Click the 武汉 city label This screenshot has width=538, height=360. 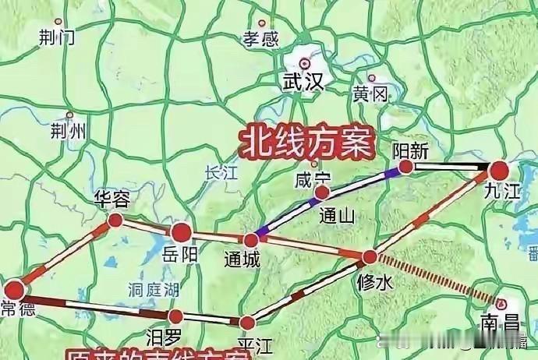[303, 82]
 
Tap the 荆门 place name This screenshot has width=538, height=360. [59, 37]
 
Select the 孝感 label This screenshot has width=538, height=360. [260, 39]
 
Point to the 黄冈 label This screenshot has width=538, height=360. [370, 95]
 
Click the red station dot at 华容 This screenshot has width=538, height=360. [115, 221]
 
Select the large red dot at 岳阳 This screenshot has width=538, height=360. [181, 231]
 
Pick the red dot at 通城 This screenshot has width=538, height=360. [251, 240]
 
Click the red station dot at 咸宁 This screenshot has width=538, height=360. [322, 192]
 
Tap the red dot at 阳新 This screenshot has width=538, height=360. [405, 167]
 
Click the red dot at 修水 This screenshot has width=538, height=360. [370, 257]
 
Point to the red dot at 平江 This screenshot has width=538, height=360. [247, 322]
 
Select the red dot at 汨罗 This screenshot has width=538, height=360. [175, 316]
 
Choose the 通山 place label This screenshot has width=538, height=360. [337, 216]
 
